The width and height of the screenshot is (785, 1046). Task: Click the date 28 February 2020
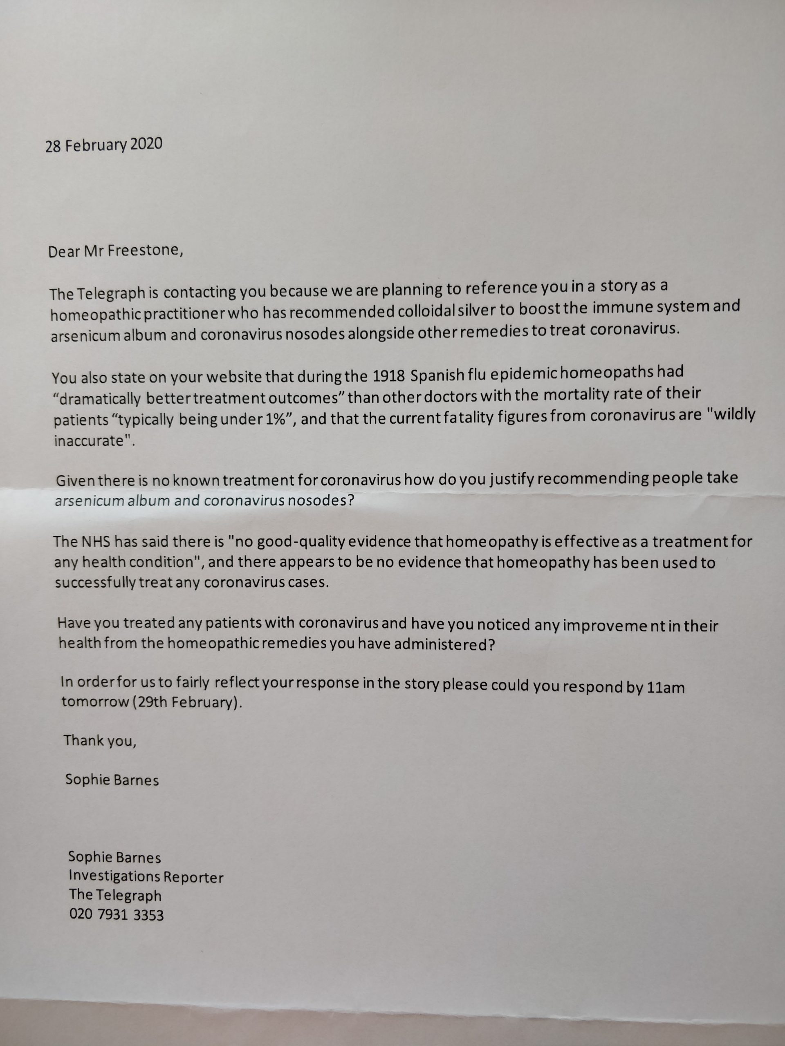click(x=103, y=145)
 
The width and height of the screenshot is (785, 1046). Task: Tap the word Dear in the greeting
click(x=64, y=252)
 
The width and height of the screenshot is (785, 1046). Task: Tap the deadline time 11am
click(x=665, y=687)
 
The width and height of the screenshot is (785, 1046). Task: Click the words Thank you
click(x=100, y=740)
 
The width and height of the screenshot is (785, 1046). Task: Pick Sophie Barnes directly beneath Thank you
click(x=112, y=779)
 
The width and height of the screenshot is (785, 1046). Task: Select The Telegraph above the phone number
click(x=115, y=895)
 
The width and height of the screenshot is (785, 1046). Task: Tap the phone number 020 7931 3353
click(x=117, y=914)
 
